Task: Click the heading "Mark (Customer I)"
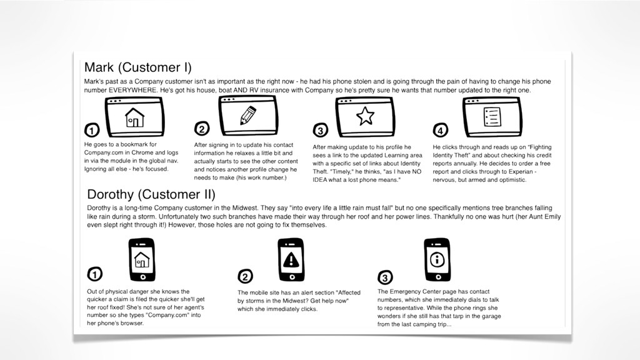coord(137,67)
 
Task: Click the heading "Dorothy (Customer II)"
coord(151,194)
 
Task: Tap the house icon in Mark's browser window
coord(135,117)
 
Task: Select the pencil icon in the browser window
coord(247,115)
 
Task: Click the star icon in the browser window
coord(365,116)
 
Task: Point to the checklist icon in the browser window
coord(492,117)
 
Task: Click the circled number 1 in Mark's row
coord(92,130)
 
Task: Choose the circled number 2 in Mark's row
coord(202,129)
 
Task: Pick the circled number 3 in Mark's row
coord(321,130)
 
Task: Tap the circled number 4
coord(441,130)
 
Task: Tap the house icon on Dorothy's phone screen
coord(142,259)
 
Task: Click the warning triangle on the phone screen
coord(291,259)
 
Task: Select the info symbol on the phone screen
coord(437,259)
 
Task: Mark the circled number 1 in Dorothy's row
coord(95,274)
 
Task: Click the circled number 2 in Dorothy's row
coord(245,276)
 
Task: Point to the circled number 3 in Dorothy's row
coord(385,277)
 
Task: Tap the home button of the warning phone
coord(292,277)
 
